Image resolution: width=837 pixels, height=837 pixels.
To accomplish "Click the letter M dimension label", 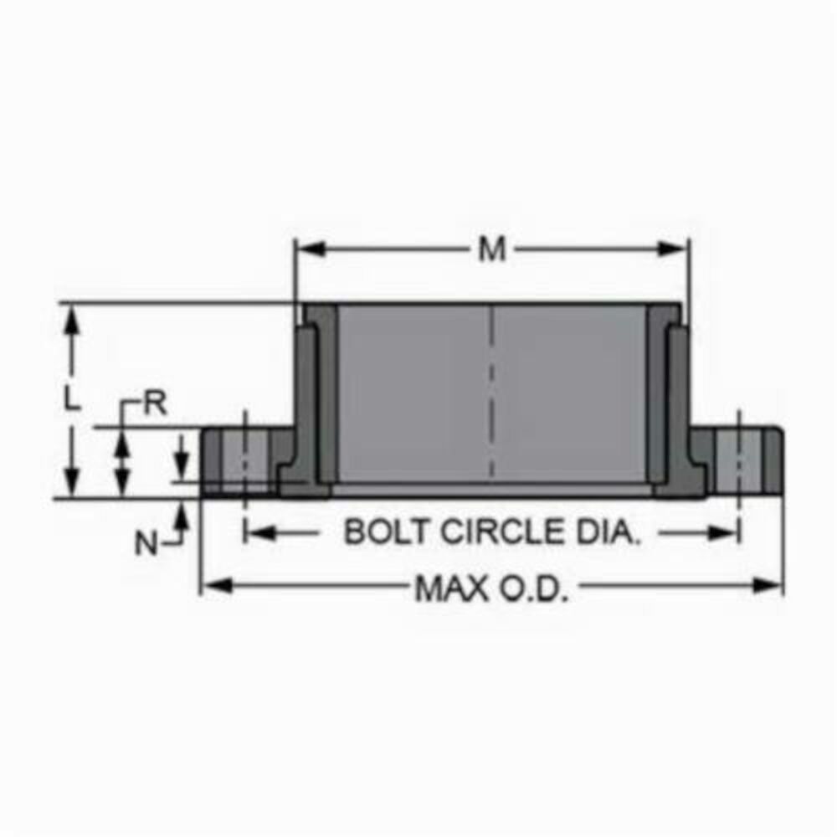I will click(x=492, y=249).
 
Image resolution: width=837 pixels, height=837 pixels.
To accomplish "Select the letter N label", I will click(x=146, y=544).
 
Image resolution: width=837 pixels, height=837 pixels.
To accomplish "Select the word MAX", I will click(x=453, y=589).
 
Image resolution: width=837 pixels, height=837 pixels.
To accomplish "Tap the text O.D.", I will click(x=535, y=589).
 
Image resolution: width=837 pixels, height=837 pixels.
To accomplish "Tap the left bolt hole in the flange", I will click(x=244, y=459).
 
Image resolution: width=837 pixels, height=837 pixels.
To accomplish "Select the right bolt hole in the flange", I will click(x=738, y=459).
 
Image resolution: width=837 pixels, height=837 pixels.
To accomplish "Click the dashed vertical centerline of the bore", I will click(x=492, y=393).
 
